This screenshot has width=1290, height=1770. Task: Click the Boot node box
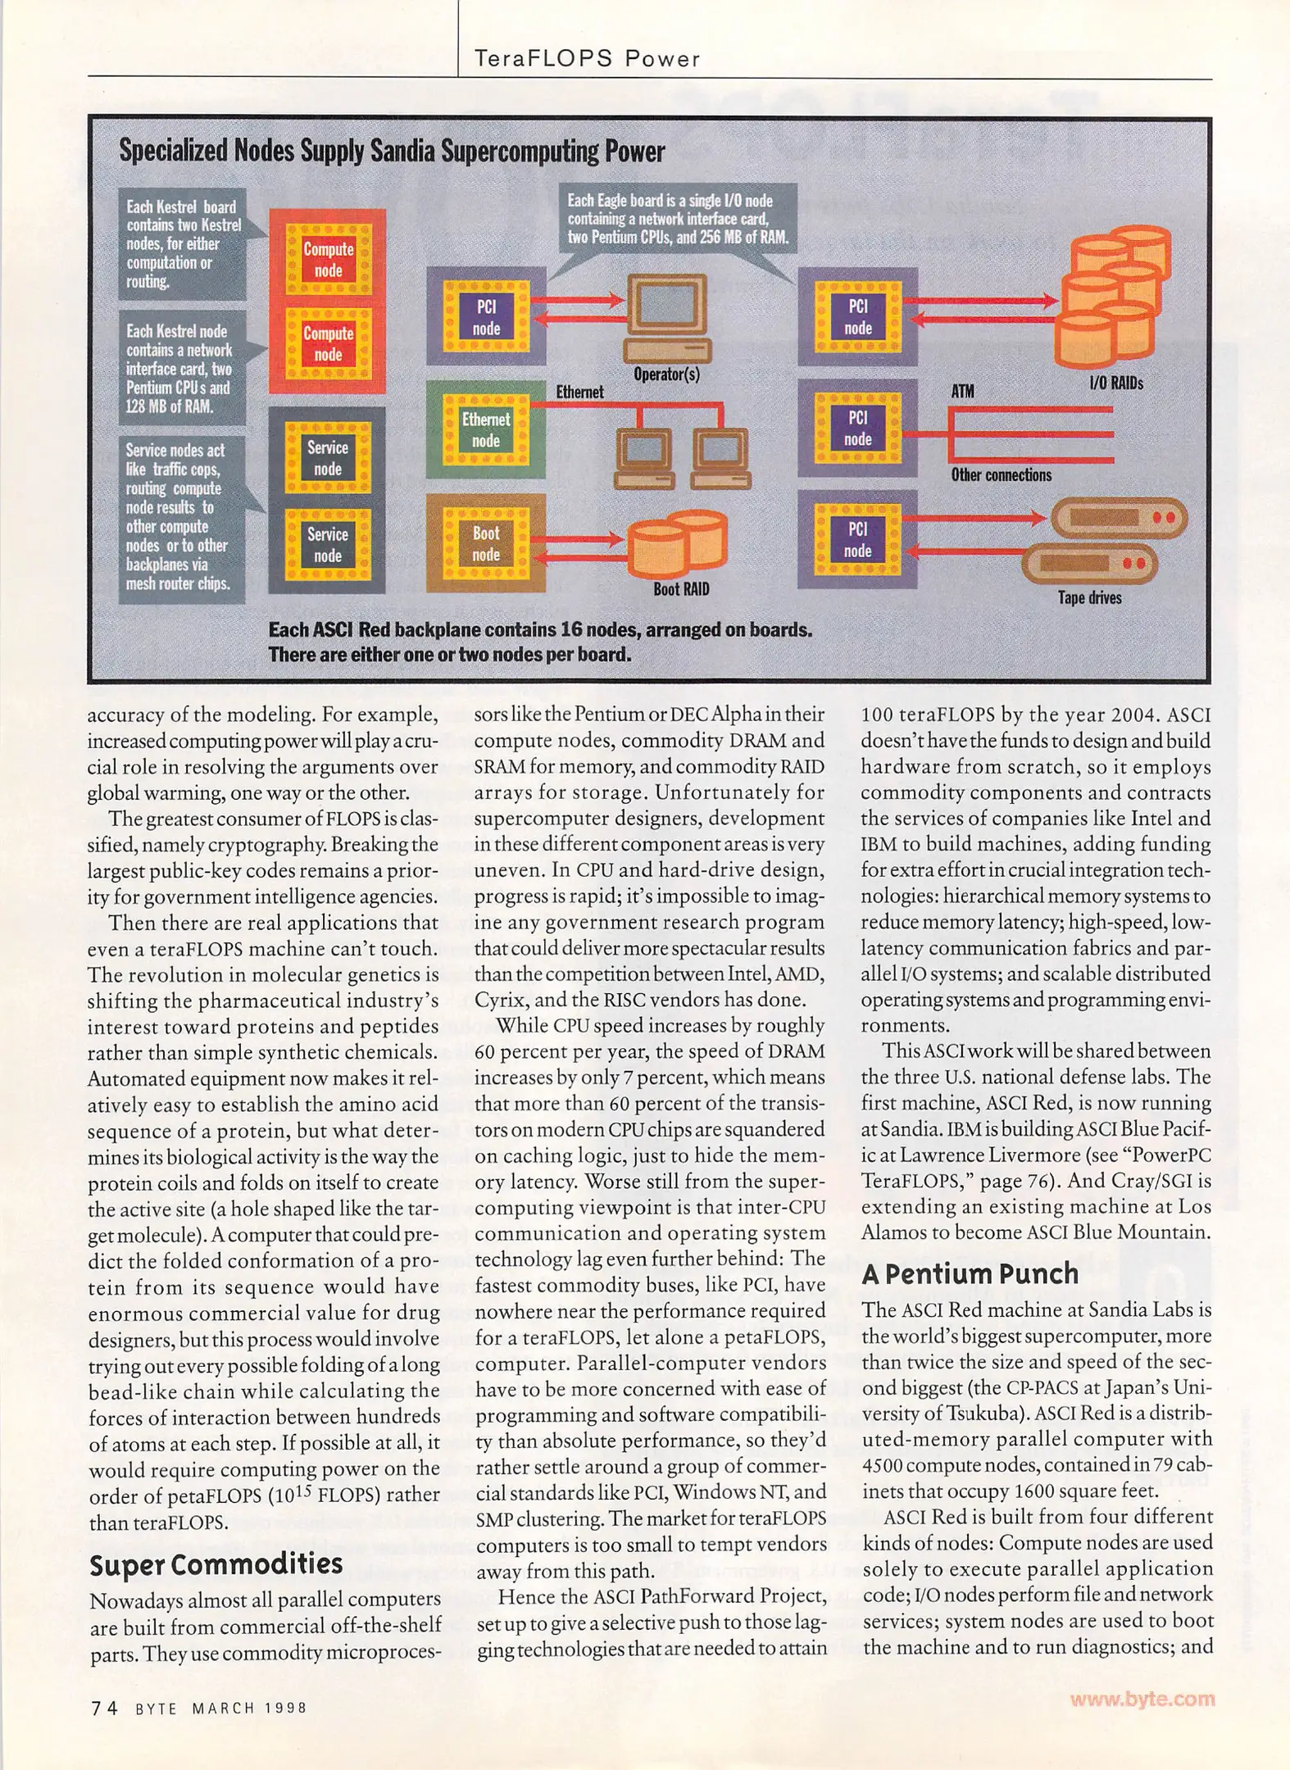click(x=485, y=543)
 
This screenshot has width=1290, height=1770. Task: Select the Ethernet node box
click(x=485, y=429)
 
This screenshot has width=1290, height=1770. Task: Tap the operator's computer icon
click(x=666, y=319)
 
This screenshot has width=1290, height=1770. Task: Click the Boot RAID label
click(x=681, y=589)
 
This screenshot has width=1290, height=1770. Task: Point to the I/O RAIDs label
click(x=1115, y=383)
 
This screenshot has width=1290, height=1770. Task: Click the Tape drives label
click(x=1089, y=598)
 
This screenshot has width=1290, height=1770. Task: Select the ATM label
click(x=962, y=391)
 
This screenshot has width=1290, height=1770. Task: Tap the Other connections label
click(x=1001, y=475)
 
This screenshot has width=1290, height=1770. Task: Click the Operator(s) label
click(x=666, y=374)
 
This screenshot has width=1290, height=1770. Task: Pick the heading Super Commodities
click(x=216, y=1563)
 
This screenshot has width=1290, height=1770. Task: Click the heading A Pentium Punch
click(x=970, y=1273)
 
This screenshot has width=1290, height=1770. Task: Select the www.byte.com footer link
click(x=1142, y=1698)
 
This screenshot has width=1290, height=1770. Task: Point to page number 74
click(x=104, y=1708)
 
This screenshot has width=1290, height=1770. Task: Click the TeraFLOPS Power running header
click(x=588, y=59)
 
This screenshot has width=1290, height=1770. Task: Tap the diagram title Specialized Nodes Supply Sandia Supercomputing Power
click(x=392, y=152)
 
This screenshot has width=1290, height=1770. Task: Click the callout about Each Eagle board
click(x=678, y=219)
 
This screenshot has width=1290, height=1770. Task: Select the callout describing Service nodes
click(x=181, y=517)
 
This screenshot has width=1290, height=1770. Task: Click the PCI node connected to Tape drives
click(x=857, y=540)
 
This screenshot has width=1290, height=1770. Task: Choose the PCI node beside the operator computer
click(x=486, y=317)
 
